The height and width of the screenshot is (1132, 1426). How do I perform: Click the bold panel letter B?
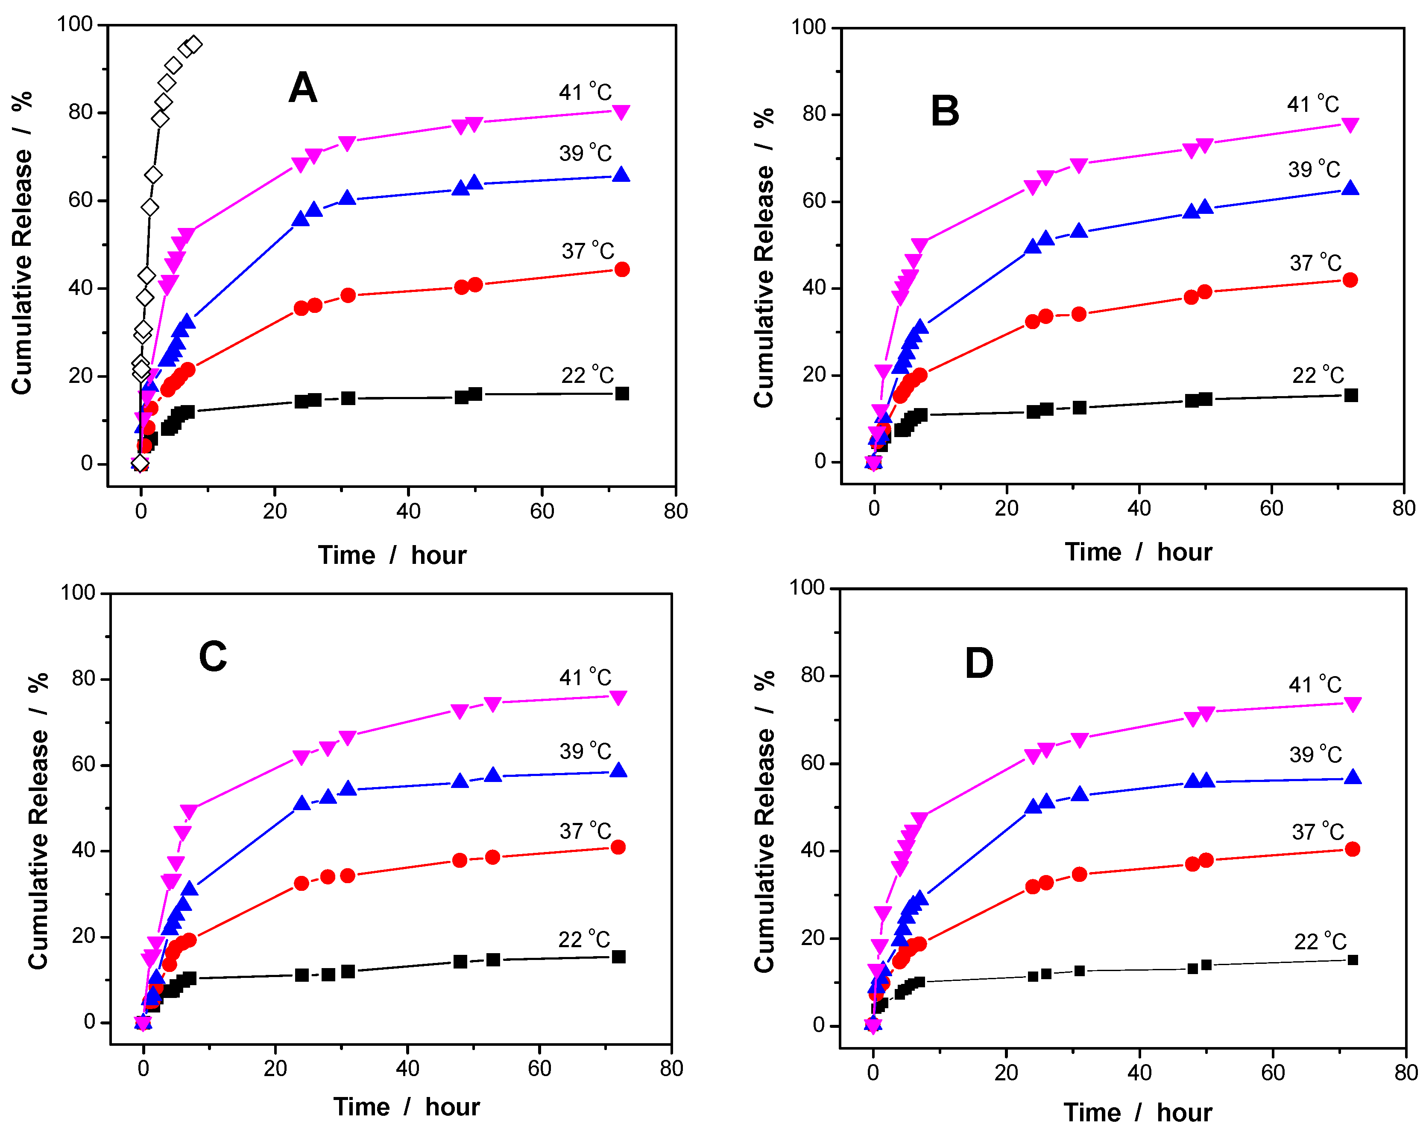(x=945, y=111)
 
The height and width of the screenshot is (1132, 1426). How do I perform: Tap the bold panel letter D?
(x=979, y=663)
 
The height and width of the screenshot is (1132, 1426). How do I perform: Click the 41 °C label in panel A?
(x=586, y=92)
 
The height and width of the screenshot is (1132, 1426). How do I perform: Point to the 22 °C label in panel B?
(x=1318, y=375)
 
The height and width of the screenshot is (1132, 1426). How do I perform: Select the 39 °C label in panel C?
(x=586, y=751)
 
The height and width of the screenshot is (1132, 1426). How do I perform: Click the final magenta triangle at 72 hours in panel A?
(x=621, y=112)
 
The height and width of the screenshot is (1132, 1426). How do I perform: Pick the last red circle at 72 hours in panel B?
(x=1350, y=280)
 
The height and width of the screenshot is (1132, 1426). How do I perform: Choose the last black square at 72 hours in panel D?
(x=1353, y=960)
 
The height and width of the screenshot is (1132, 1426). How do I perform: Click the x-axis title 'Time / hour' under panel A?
(x=392, y=555)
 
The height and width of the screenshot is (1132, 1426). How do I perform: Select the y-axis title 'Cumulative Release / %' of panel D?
(x=764, y=821)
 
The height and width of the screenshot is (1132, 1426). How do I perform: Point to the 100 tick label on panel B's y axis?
(x=808, y=27)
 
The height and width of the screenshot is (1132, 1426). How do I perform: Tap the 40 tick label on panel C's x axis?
(x=407, y=1068)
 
